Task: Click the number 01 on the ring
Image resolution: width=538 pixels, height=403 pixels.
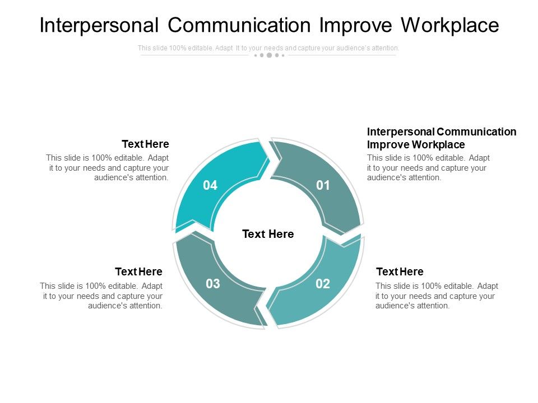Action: click(x=323, y=185)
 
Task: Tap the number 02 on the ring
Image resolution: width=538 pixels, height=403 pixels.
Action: click(x=323, y=284)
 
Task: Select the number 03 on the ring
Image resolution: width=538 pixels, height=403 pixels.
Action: click(x=213, y=284)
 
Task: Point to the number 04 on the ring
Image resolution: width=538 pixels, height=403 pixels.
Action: click(x=210, y=185)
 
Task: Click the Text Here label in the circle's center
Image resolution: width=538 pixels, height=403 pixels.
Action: click(x=268, y=234)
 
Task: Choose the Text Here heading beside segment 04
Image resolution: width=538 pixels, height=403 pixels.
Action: click(x=145, y=144)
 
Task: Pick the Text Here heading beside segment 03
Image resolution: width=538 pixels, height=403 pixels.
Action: click(x=138, y=271)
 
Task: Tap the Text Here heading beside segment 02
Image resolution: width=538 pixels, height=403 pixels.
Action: click(x=400, y=271)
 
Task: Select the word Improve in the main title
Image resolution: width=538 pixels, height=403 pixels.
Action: click(x=355, y=25)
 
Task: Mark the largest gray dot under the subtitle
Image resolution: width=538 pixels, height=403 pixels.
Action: click(x=269, y=55)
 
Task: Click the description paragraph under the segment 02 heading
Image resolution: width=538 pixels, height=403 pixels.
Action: click(x=437, y=296)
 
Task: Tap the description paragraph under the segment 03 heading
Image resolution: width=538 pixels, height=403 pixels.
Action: click(x=101, y=296)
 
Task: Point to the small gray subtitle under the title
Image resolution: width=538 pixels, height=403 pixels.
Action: click(x=268, y=48)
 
